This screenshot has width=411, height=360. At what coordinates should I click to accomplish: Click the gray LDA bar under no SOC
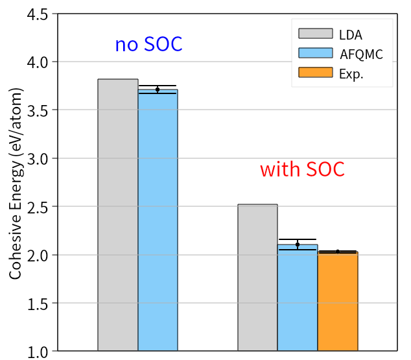[118, 215]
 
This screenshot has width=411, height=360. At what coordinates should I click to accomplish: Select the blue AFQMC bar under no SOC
[158, 221]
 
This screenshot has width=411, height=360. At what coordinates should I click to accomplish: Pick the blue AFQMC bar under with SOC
[298, 298]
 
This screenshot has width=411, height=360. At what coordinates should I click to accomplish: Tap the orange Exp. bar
[338, 301]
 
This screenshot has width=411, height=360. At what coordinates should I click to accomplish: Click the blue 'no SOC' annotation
[148, 44]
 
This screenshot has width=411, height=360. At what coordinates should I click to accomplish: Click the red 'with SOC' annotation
[302, 169]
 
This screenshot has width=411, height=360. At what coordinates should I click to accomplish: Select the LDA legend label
[351, 34]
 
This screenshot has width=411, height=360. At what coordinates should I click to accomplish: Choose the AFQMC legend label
[361, 54]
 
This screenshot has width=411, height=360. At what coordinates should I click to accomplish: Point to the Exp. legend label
[351, 73]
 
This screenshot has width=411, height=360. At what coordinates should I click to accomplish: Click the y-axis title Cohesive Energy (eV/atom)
[16, 184]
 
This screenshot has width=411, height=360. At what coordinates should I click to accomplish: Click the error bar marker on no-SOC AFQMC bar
[158, 90]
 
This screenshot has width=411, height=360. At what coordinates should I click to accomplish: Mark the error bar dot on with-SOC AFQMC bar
[298, 245]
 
